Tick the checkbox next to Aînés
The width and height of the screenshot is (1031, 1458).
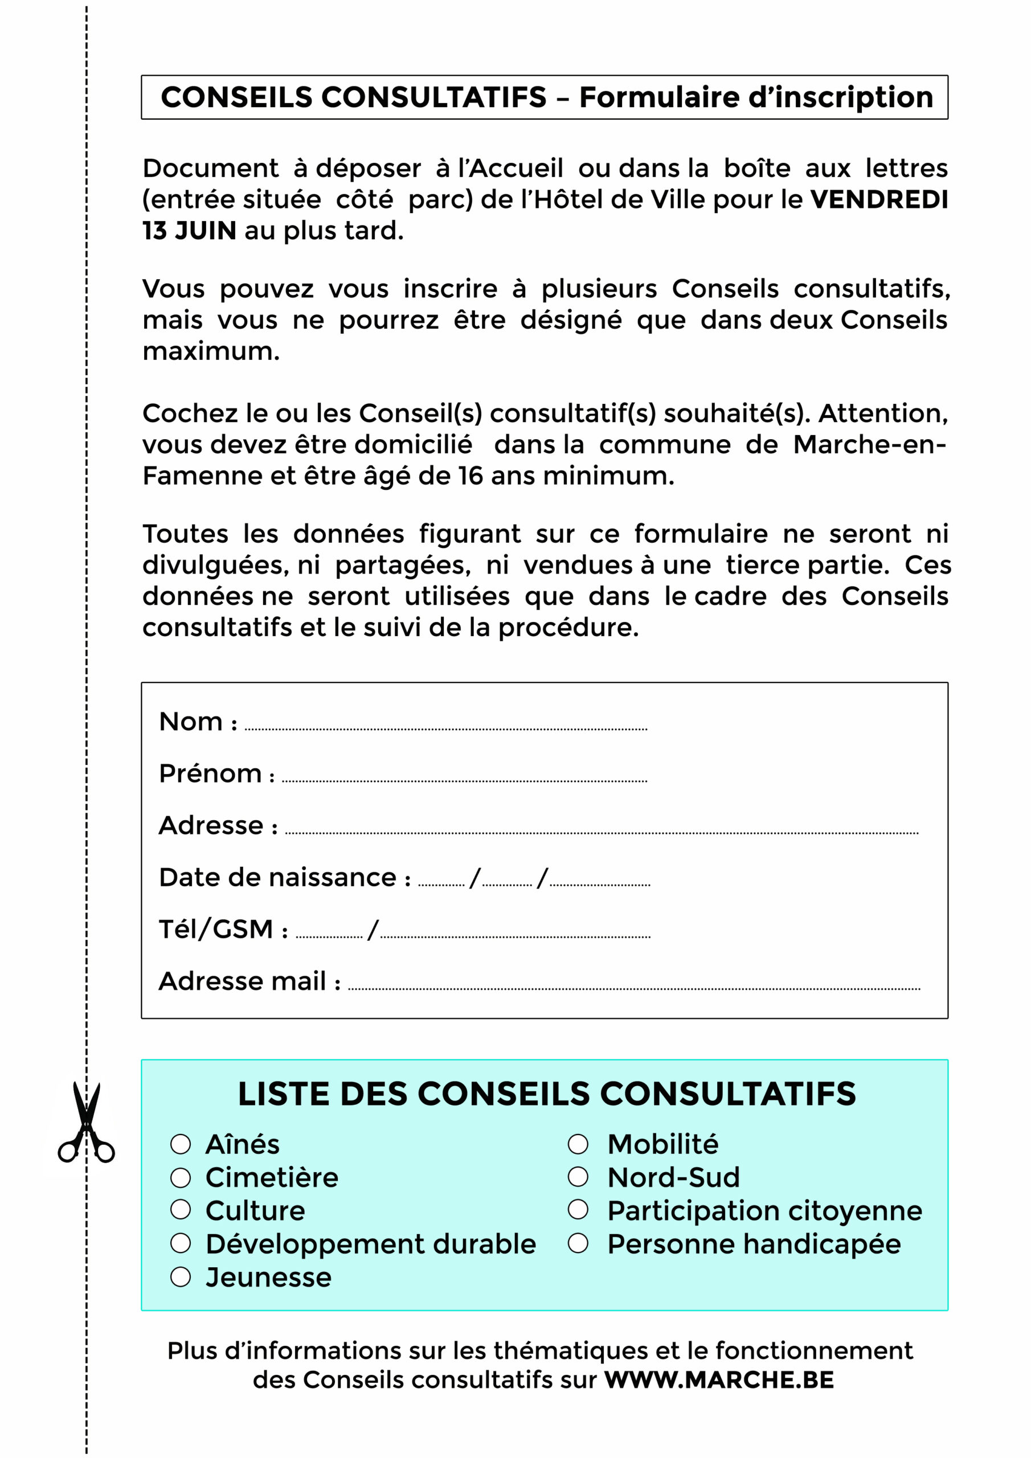click(181, 1144)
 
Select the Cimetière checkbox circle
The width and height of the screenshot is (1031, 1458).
click(181, 1178)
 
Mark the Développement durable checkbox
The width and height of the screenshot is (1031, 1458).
click(181, 1243)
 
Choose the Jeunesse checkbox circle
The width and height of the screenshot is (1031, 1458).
click(181, 1277)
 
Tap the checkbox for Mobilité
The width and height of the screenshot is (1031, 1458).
click(578, 1144)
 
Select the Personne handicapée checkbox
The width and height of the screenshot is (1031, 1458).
click(578, 1243)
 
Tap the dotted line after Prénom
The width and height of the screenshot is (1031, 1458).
click(464, 780)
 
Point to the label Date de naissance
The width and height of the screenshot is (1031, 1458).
click(277, 878)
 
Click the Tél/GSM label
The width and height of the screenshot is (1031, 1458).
click(216, 929)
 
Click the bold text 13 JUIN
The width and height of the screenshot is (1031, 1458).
click(189, 231)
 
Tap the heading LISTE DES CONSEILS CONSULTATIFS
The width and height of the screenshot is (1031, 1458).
click(547, 1094)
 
